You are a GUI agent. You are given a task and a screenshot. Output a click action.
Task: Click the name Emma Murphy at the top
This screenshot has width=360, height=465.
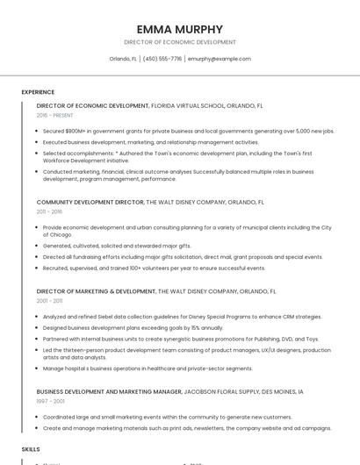[x=179, y=29]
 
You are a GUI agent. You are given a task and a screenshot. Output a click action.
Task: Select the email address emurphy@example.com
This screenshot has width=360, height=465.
[x=219, y=59]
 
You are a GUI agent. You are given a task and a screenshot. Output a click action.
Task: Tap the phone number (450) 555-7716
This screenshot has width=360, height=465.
[x=162, y=59]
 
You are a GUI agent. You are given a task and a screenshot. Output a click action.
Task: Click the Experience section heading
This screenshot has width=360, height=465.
[x=38, y=92]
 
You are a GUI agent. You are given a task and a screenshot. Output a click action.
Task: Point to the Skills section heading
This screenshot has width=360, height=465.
[x=31, y=448]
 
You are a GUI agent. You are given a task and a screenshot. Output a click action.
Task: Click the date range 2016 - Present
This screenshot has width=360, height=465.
[x=54, y=115]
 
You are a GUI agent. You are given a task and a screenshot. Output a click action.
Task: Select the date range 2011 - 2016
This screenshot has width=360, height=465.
[x=49, y=211]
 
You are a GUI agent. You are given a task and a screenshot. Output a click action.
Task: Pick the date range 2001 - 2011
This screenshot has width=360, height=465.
[x=49, y=300]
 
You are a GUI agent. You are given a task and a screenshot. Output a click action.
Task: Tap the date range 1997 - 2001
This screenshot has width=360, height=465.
[x=49, y=401]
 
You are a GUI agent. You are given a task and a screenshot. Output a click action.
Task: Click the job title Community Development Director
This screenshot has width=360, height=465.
[x=90, y=202]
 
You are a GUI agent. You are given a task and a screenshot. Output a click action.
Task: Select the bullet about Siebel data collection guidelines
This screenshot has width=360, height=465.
[x=182, y=316]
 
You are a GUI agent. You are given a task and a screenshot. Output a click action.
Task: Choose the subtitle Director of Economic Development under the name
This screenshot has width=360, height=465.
[x=179, y=42]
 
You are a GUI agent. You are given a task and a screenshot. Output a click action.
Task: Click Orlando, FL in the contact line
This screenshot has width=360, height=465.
[x=123, y=59]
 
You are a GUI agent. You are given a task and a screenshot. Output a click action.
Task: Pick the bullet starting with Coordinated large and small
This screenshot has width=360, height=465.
[x=167, y=417]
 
